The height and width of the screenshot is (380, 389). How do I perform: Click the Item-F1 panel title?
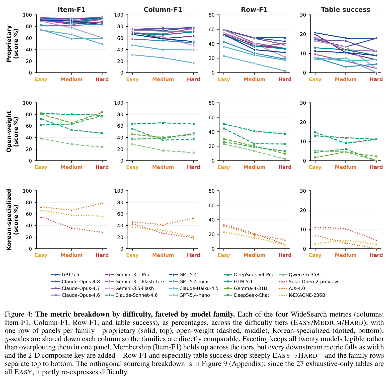click(x=71, y=10)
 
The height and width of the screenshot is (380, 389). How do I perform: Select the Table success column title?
click(x=346, y=10)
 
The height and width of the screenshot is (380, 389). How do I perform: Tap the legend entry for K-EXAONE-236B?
click(x=302, y=295)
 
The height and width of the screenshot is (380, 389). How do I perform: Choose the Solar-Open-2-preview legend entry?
click(x=308, y=282)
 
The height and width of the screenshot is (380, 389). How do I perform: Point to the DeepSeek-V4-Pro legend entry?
click(x=249, y=275)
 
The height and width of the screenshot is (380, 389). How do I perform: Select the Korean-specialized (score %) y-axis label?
click(x=12, y=220)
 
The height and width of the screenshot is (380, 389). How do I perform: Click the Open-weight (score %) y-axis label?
click(x=12, y=132)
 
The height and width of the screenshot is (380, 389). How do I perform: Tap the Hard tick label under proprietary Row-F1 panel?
click(x=285, y=80)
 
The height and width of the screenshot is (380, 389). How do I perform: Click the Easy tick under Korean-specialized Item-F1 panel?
click(x=41, y=255)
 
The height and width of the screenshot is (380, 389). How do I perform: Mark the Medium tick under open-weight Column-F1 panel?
click(x=163, y=167)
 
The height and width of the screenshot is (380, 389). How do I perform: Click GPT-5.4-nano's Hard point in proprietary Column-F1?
click(x=193, y=63)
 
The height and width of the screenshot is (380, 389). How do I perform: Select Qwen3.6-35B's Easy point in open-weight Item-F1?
click(x=41, y=138)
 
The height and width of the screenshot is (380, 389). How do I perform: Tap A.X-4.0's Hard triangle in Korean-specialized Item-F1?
click(x=102, y=203)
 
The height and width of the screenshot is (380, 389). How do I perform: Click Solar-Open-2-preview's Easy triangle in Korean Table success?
click(x=315, y=227)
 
